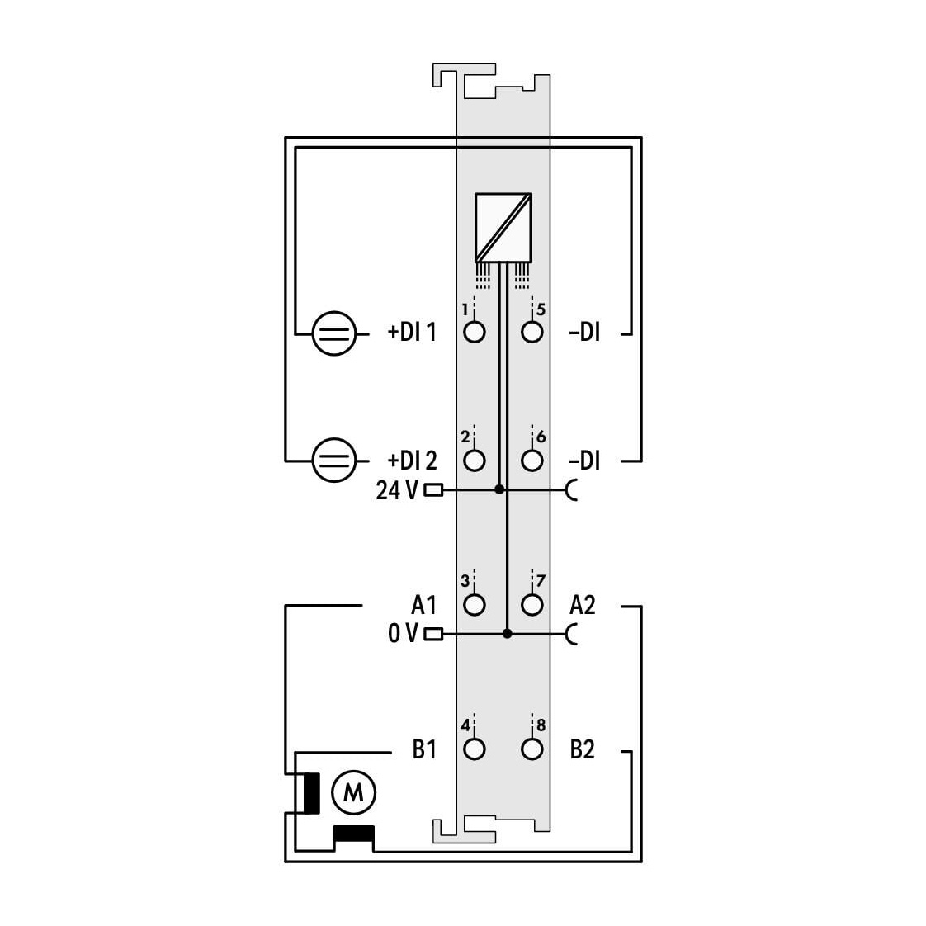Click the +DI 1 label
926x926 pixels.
(x=412, y=333)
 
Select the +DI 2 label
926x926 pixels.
(x=412, y=461)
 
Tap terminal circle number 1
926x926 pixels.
(x=475, y=332)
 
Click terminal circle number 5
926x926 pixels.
(x=532, y=332)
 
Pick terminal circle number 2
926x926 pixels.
(x=475, y=461)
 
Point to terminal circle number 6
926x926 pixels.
(x=532, y=461)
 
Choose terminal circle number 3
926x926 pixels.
(x=475, y=605)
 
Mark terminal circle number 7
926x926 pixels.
(x=532, y=605)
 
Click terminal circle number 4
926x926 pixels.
(x=475, y=749)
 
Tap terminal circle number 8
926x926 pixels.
(x=532, y=749)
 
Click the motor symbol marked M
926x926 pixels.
(x=353, y=792)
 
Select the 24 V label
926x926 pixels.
(x=397, y=490)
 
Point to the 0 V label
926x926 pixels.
(x=404, y=634)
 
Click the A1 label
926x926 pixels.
(x=423, y=605)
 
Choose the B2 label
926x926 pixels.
(x=583, y=749)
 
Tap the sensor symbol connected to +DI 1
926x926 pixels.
(x=334, y=333)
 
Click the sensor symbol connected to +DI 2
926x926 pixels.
(x=334, y=461)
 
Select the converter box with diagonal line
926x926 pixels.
(x=503, y=227)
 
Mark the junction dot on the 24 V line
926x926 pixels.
(x=499, y=489)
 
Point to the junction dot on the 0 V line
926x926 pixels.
(x=507, y=634)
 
